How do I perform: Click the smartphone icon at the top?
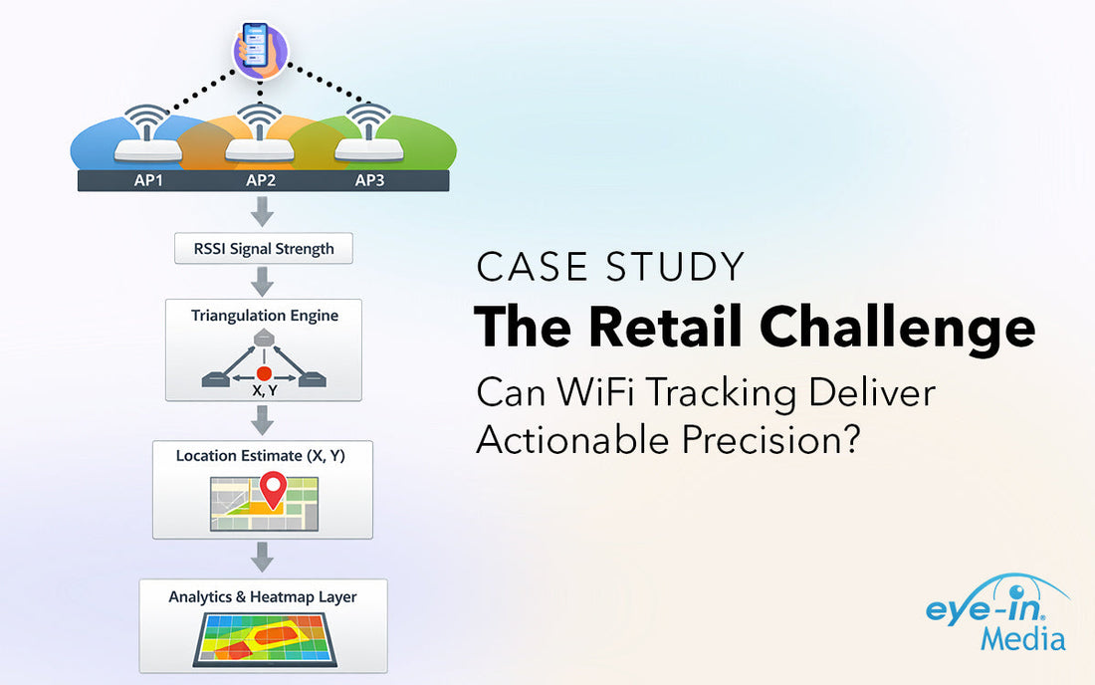tap(261, 51)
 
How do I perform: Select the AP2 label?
tap(262, 181)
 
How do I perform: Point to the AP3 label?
tap(371, 181)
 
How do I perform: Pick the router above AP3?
tap(369, 144)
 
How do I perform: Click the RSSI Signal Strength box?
tap(263, 249)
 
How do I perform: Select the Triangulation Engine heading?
tap(265, 316)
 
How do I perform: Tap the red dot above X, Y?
tap(264, 371)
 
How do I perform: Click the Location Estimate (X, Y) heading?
tap(260, 455)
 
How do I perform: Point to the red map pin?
tap(272, 489)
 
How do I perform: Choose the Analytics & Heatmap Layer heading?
tap(263, 597)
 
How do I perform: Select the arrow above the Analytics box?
tap(263, 557)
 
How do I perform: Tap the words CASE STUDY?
tap(610, 267)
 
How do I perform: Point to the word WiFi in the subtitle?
tap(589, 392)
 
